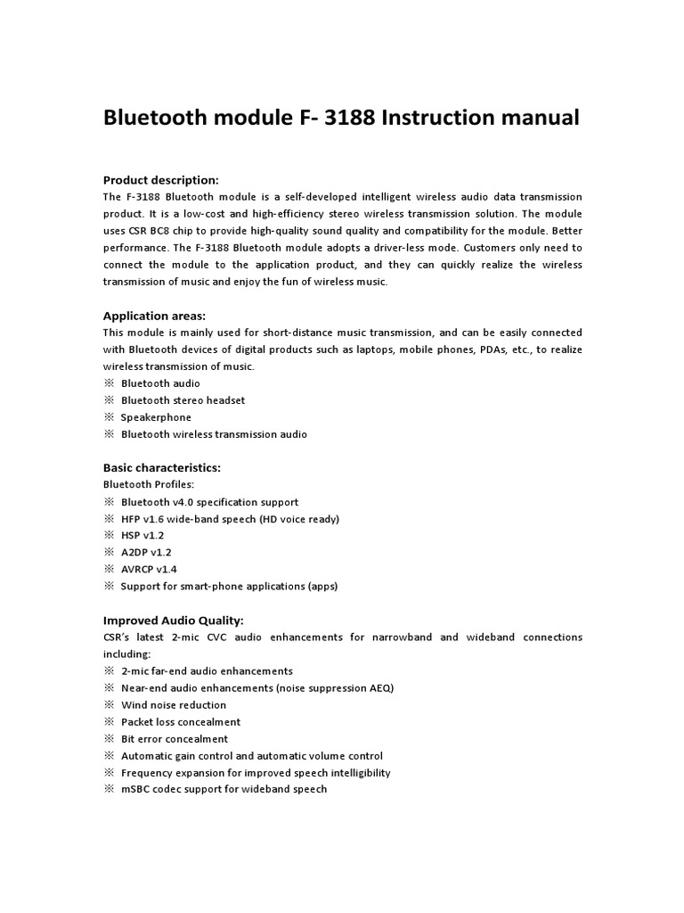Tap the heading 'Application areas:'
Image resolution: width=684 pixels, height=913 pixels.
[154, 316]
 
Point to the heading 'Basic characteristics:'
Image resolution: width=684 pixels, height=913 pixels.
[162, 468]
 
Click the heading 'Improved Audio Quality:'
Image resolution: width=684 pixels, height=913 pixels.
[173, 621]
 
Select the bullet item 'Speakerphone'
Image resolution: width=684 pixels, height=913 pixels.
[156, 417]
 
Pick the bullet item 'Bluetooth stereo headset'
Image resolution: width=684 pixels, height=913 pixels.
[183, 400]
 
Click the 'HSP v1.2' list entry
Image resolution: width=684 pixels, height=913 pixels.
[142, 536]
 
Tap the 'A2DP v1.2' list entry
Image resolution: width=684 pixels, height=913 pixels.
[145, 553]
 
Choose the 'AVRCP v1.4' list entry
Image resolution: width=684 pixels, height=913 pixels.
[149, 570]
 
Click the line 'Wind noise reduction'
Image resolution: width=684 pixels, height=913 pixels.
[173, 705]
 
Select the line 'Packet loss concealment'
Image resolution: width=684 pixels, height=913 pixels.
[181, 722]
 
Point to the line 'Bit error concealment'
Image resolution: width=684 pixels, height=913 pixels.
[174, 739]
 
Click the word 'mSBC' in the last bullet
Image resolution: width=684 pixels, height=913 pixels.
[136, 790]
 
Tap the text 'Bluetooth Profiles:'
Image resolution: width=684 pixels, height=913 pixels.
[149, 485]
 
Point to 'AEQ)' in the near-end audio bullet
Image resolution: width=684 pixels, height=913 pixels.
[380, 688]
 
